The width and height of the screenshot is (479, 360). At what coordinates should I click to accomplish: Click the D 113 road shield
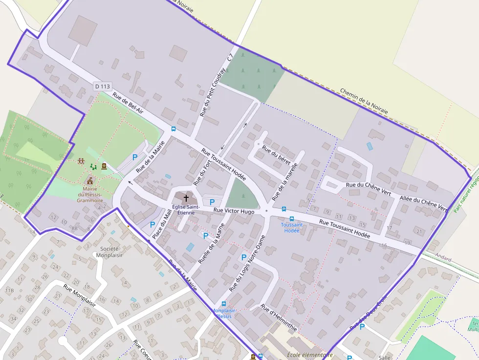pyautogui.click(x=102, y=86)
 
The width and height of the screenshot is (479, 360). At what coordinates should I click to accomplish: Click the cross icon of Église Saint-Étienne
pyautogui.click(x=186, y=198)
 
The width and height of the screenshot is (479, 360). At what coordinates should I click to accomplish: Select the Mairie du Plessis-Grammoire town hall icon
pyautogui.click(x=90, y=181)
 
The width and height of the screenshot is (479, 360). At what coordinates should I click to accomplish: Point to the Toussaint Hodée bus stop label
pyautogui.click(x=292, y=228)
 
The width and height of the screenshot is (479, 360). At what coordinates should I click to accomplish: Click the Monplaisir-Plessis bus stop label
pyautogui.click(x=224, y=313)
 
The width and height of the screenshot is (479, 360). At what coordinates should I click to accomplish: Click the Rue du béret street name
pyautogui.click(x=276, y=154)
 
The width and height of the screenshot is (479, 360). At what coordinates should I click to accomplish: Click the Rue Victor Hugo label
pyautogui.click(x=234, y=211)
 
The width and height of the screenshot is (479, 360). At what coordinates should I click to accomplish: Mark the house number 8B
pyautogui.click(x=74, y=228)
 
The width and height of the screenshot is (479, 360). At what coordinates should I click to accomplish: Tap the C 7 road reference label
pyautogui.click(x=230, y=58)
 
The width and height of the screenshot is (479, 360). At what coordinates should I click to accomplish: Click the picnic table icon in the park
pyautogui.click(x=81, y=161)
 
